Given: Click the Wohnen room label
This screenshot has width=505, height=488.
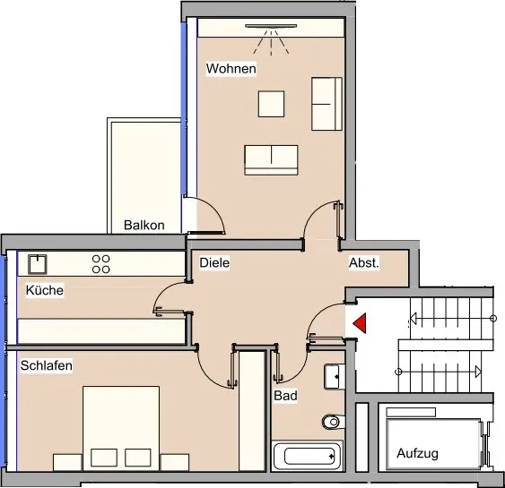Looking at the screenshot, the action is [231, 68].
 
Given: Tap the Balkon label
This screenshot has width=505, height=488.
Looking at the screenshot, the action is [144, 225].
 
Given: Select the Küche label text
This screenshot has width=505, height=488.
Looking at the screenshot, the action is [45, 290].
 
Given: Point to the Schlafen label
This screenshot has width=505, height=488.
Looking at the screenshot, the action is [47, 365].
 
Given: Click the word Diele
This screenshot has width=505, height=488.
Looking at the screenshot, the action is [214, 262].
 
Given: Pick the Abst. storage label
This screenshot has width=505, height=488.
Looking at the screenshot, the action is [364, 262].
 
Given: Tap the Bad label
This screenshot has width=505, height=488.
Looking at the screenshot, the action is [285, 396].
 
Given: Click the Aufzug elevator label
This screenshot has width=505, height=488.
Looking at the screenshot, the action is [417, 453].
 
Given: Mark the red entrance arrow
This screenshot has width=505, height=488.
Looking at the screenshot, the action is [360, 322].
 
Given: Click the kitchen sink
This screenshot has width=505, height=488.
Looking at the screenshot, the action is [38, 264].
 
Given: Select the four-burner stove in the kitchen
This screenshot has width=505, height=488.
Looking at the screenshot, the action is [101, 264].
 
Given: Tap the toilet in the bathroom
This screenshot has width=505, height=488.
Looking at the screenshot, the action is [334, 422].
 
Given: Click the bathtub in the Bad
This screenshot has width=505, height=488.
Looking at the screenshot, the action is [308, 456].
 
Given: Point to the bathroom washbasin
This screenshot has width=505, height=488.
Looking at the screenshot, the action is [335, 376].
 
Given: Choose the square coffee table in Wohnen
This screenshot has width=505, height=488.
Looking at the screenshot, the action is [271, 104].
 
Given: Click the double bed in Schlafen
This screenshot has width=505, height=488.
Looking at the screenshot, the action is [121, 429].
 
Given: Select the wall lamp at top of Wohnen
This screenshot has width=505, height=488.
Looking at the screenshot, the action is [271, 26].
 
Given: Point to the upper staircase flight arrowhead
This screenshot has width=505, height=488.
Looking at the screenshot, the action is [414, 319].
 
